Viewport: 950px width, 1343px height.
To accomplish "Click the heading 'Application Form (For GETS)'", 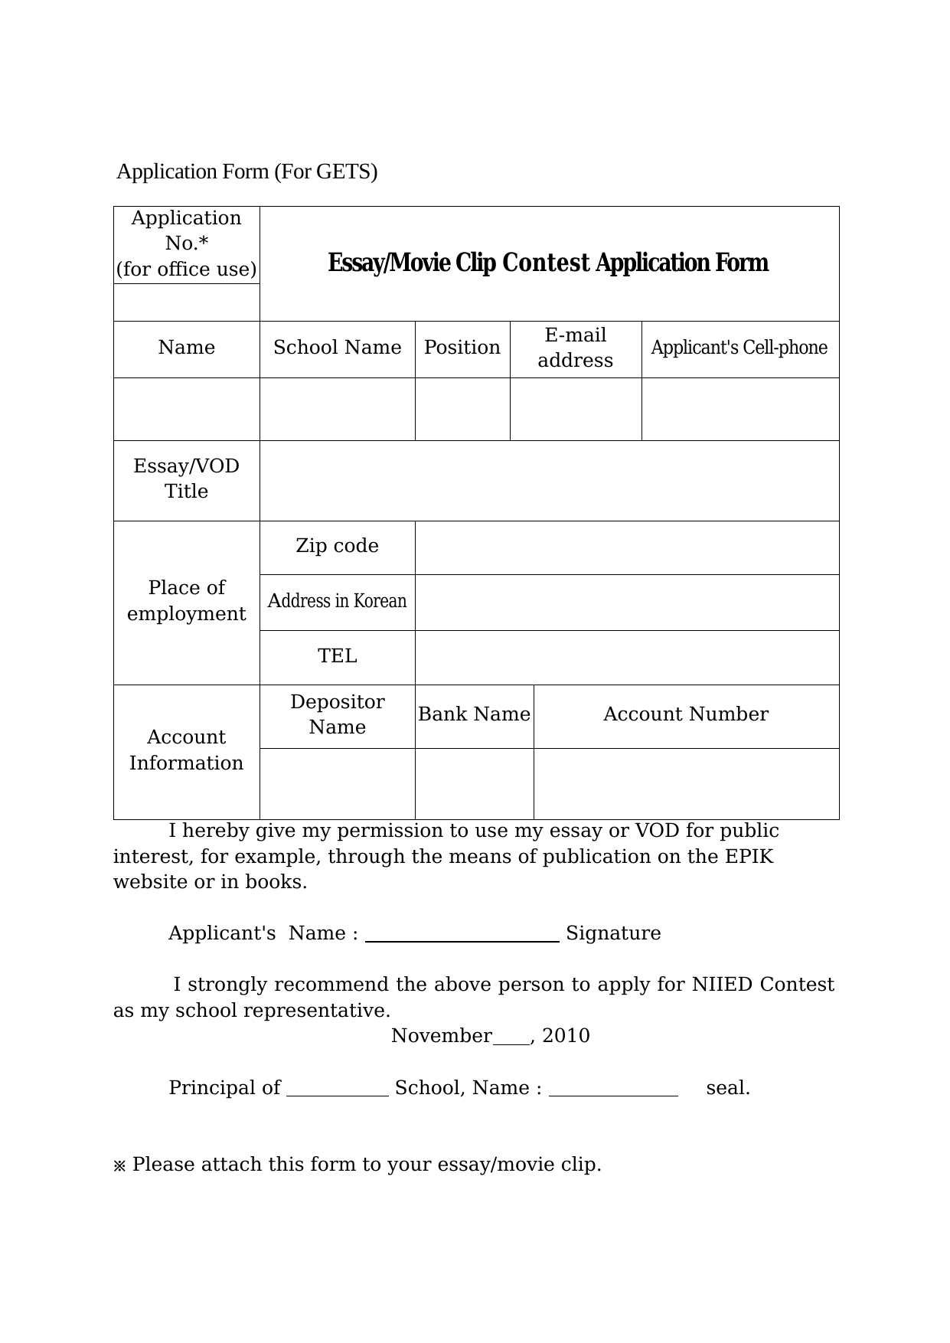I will click(x=246, y=172).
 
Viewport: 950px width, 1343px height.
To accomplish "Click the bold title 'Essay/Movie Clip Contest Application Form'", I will click(x=548, y=263).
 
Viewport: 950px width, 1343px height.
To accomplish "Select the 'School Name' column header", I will click(x=337, y=348).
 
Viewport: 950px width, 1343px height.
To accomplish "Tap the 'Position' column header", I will click(x=462, y=348).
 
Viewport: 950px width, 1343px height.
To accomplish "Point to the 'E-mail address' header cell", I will click(x=575, y=348).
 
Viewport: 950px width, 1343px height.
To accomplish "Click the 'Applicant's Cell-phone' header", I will click(x=739, y=348).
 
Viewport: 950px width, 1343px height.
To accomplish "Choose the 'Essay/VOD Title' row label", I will click(x=186, y=479).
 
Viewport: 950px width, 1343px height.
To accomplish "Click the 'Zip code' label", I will click(x=337, y=546).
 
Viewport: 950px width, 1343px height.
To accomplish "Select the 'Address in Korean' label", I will click(x=337, y=601).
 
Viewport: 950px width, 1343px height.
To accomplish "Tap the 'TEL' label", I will click(x=337, y=656).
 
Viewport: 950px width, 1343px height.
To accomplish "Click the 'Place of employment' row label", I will click(x=186, y=601).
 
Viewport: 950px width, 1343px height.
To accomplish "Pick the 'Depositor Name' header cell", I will click(x=337, y=714).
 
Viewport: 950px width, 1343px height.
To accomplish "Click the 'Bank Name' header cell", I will click(x=474, y=714).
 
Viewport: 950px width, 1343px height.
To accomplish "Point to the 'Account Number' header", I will click(x=685, y=714).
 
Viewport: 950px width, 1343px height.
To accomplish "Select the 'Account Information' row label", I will click(x=186, y=750).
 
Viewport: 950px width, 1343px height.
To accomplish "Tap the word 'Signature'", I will click(x=613, y=933).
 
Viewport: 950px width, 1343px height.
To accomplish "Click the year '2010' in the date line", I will click(x=566, y=1036).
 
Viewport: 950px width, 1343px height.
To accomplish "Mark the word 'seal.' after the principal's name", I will click(x=727, y=1088).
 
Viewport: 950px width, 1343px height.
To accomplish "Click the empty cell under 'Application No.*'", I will click(x=186, y=302).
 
